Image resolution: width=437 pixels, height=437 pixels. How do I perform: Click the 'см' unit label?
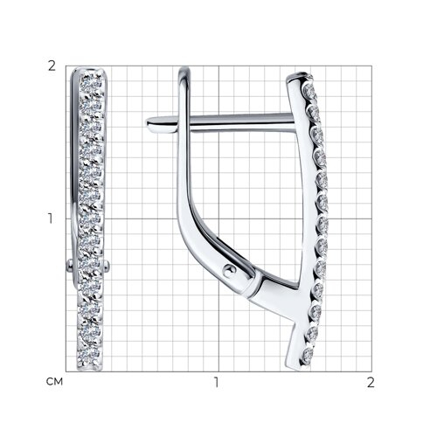coord(54,381)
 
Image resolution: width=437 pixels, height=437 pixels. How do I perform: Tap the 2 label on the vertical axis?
coord(52,66)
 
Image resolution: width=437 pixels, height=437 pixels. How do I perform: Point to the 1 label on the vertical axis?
coord(51,218)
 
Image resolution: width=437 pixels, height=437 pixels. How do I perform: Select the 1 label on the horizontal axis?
coord(217,382)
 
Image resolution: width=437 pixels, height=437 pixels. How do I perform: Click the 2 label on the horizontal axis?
coord(371,382)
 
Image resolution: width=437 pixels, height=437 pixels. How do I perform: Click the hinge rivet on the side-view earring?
coord(230,271)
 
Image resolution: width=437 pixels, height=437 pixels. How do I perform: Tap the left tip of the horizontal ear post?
coord(148,122)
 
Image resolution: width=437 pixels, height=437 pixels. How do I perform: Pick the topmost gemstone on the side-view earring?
coord(309,90)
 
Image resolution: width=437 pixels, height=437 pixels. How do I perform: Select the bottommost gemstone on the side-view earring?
coord(307,356)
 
